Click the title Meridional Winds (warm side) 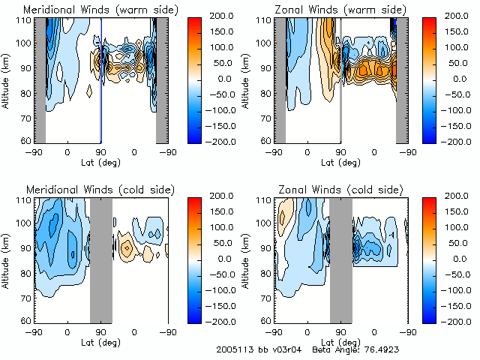(91, 9)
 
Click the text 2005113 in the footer (232, 350)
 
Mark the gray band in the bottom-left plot (100, 259)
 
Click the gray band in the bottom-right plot (340, 259)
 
